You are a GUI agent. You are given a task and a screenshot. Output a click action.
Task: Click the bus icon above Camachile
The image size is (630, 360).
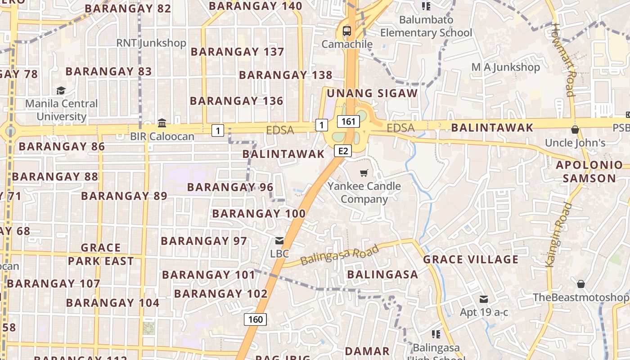[346, 31]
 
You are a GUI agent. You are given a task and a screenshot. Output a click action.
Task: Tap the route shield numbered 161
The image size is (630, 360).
[348, 121]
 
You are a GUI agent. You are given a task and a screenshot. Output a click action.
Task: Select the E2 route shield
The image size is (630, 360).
[343, 151]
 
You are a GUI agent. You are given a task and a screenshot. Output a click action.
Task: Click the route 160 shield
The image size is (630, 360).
[255, 319]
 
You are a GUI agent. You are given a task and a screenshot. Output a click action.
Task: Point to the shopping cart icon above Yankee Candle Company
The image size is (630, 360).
[364, 173]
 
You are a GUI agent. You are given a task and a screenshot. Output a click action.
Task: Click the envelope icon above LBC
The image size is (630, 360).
[279, 241]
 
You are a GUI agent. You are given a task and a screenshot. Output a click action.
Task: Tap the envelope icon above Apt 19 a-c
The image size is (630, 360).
[484, 299]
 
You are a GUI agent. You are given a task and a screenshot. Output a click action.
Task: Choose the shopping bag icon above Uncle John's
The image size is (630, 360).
[575, 130]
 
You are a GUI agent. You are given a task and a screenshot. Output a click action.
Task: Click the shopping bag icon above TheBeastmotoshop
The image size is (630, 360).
[580, 284]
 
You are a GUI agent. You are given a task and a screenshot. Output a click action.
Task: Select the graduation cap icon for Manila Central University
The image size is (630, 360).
[61, 90]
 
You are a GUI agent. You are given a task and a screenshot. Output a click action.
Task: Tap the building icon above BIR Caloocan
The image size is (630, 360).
[162, 123]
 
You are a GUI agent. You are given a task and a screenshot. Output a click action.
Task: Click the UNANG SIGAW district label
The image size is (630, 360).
[372, 93]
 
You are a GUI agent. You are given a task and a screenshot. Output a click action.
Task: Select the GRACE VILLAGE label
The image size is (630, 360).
[471, 259]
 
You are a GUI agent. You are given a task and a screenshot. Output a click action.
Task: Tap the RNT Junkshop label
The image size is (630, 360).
[151, 43]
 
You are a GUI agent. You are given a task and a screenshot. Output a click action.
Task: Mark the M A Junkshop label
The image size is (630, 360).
[505, 67]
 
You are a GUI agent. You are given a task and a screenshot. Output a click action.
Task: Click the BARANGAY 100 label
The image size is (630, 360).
[259, 213]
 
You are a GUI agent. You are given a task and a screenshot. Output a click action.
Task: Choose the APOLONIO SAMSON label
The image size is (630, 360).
[589, 171]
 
